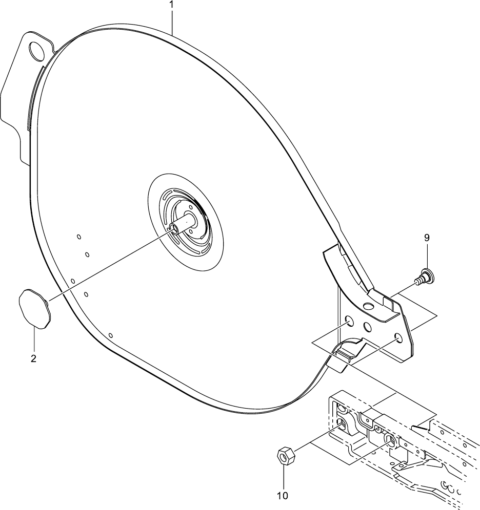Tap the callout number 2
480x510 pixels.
(33, 358)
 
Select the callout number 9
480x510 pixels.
(427, 238)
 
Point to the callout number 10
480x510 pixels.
(283, 495)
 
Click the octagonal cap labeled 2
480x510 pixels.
(34, 308)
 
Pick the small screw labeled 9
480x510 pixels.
(425, 278)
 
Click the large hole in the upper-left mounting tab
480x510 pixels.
(37, 50)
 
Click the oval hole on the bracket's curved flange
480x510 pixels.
(368, 306)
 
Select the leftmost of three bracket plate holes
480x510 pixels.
(349, 322)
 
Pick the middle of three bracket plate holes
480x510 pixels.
(367, 326)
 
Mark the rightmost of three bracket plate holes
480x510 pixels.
(397, 338)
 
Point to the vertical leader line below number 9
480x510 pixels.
(427, 256)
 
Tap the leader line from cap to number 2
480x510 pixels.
(34, 341)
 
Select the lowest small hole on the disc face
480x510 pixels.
(110, 335)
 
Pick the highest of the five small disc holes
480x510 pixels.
(79, 237)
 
